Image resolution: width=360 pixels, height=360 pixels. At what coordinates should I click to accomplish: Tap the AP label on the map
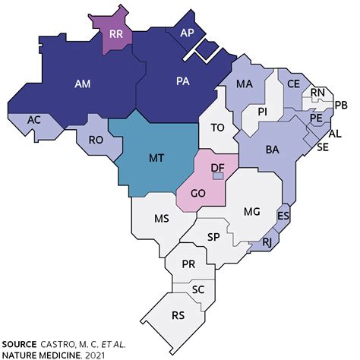(187, 33)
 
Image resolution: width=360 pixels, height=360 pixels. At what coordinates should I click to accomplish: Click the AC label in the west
(33, 120)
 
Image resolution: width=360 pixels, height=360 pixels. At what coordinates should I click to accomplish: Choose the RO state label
(95, 140)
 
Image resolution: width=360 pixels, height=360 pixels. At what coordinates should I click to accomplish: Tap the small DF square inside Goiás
(217, 175)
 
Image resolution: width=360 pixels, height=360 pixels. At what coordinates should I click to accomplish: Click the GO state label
(199, 194)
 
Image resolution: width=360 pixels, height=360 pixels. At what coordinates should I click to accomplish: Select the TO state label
(217, 128)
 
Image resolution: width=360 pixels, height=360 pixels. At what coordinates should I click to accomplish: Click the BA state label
(273, 150)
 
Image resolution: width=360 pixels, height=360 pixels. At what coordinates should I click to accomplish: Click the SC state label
(199, 290)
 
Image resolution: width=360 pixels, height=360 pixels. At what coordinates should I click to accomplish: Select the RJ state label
(267, 243)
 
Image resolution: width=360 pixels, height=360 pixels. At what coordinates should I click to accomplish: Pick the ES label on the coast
(283, 216)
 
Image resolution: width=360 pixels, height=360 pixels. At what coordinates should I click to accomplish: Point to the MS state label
(161, 219)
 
